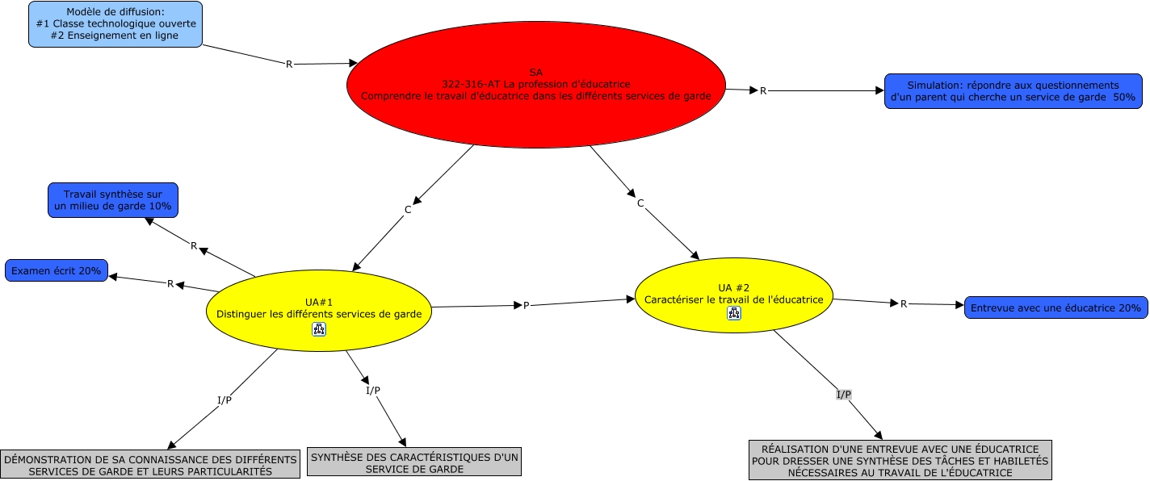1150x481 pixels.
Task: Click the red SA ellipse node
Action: pyautogui.click(x=535, y=84)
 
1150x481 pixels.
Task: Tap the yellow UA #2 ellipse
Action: pyautogui.click(x=733, y=295)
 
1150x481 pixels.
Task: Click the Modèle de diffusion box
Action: pyautogui.click(x=115, y=24)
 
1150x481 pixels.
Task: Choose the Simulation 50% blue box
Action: pyautogui.click(x=1013, y=90)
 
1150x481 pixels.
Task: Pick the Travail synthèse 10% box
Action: pyautogui.click(x=113, y=200)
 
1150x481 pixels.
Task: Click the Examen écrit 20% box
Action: pyautogui.click(x=56, y=270)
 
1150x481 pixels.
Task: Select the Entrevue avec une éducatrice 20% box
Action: pyautogui.click(x=1056, y=307)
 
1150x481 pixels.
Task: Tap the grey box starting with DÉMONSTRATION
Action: pyautogui.click(x=150, y=465)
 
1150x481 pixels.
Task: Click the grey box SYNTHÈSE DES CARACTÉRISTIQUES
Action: pyautogui.click(x=414, y=462)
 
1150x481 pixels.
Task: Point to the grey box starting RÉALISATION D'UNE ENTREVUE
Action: pyautogui.click(x=900, y=460)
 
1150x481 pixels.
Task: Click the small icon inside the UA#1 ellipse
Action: pyautogui.click(x=319, y=328)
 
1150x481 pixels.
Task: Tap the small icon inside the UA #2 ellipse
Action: pyautogui.click(x=734, y=313)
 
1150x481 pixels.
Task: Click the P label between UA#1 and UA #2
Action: pyautogui.click(x=527, y=305)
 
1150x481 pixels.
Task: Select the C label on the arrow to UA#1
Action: pyautogui.click(x=408, y=210)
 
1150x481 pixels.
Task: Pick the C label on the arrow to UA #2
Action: pyautogui.click(x=640, y=203)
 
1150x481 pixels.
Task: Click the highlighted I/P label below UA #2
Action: pyautogui.click(x=843, y=395)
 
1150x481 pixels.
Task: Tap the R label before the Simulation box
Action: pyautogui.click(x=763, y=90)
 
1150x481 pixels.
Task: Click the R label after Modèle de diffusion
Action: pyautogui.click(x=289, y=64)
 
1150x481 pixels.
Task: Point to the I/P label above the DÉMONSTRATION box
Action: pyautogui.click(x=225, y=400)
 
